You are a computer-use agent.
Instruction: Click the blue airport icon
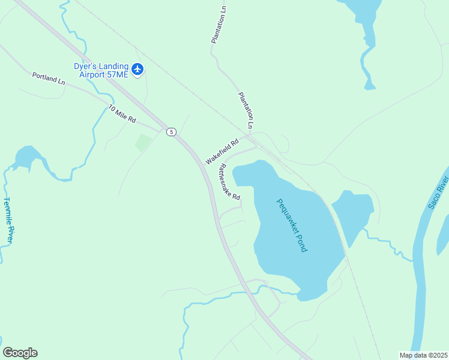pyautogui.click(x=138, y=70)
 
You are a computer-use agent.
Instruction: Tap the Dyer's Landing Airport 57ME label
pyautogui.click(x=101, y=70)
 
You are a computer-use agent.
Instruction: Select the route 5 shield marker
pyautogui.click(x=172, y=132)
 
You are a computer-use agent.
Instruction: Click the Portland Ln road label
pyautogui.click(x=49, y=78)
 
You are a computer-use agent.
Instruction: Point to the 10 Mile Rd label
pyautogui.click(x=122, y=114)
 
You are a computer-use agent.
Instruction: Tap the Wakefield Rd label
pyautogui.click(x=222, y=152)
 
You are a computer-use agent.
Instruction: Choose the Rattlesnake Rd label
pyautogui.click(x=229, y=182)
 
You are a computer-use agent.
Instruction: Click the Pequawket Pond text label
pyautogui.click(x=292, y=225)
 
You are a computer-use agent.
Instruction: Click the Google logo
pyautogui.click(x=20, y=353)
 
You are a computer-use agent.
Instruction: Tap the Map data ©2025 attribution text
pyautogui.click(x=424, y=355)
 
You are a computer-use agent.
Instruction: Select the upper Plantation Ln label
pyautogui.click(x=218, y=25)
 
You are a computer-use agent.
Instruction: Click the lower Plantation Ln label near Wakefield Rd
pyautogui.click(x=246, y=110)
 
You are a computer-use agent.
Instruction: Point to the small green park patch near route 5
pyautogui.click(x=143, y=143)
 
